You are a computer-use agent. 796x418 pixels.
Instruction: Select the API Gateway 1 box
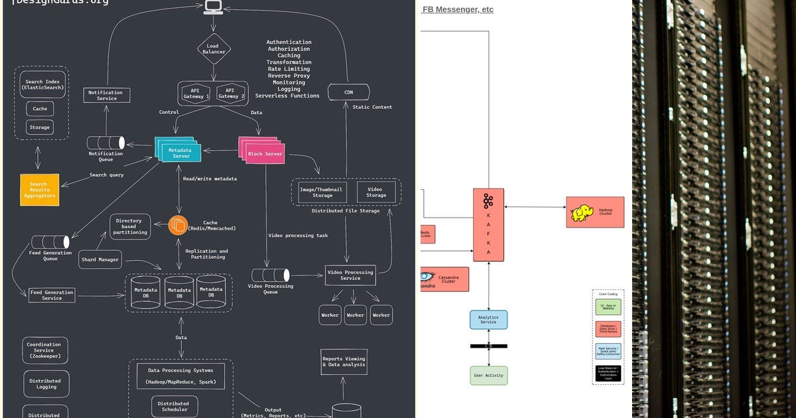[196, 94]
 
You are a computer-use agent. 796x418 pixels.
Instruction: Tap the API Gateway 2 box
[229, 94]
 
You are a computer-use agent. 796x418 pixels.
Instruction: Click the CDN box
[348, 92]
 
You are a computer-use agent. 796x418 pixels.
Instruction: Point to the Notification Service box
[106, 96]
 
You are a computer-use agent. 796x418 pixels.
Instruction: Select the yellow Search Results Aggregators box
[39, 190]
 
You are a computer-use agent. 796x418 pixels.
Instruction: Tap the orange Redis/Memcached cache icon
[178, 226]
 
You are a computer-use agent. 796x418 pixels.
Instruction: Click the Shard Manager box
[99, 259]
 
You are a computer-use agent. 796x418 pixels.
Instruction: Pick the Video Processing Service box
[350, 275]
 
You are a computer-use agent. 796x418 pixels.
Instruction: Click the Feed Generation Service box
[52, 295]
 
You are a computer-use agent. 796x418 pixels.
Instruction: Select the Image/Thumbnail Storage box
[322, 192]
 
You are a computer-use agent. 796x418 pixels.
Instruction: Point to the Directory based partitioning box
[130, 226]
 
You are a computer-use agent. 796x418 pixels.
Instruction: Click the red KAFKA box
[488, 225]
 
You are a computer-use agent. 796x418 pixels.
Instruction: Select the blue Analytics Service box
[488, 320]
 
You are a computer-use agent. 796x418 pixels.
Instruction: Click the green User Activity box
[489, 376]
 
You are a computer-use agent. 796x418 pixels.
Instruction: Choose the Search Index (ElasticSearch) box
[42, 85]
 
